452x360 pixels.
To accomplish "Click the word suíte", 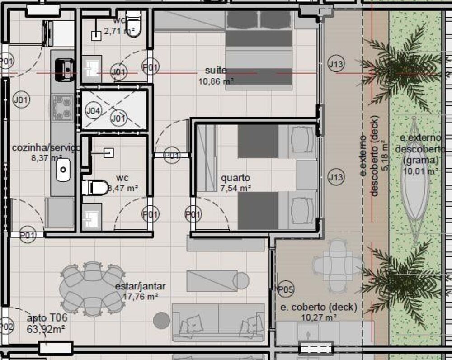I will point(216,71).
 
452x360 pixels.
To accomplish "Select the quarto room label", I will point(235,178).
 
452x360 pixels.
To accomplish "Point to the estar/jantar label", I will point(140,286).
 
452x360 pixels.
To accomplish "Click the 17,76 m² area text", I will point(140,297).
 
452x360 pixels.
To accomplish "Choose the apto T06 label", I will point(47,318).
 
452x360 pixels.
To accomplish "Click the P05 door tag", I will point(286,288).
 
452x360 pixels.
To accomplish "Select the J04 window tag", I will point(94,110).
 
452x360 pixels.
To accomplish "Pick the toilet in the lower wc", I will point(94,187).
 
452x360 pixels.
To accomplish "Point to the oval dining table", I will point(92,288).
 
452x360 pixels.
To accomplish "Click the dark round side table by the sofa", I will point(161,321).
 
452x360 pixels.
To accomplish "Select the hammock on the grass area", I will point(414,181).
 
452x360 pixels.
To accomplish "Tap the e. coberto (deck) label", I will point(318,308).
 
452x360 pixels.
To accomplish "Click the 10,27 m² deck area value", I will point(318,317).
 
